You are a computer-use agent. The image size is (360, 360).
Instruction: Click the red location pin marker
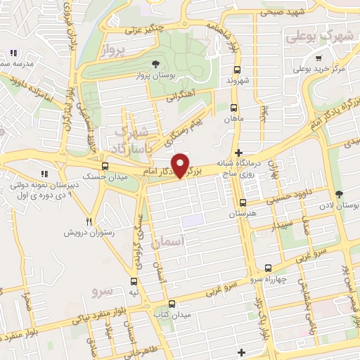181,165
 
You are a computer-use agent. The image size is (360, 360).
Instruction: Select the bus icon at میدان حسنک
105,167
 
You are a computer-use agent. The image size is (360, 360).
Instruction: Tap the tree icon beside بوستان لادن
340,195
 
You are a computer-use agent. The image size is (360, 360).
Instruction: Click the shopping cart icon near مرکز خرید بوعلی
320,58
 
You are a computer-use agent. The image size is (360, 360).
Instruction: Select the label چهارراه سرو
269,279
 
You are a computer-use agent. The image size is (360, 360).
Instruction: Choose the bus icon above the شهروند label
236,70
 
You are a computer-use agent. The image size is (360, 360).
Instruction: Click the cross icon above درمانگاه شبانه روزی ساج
239,152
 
